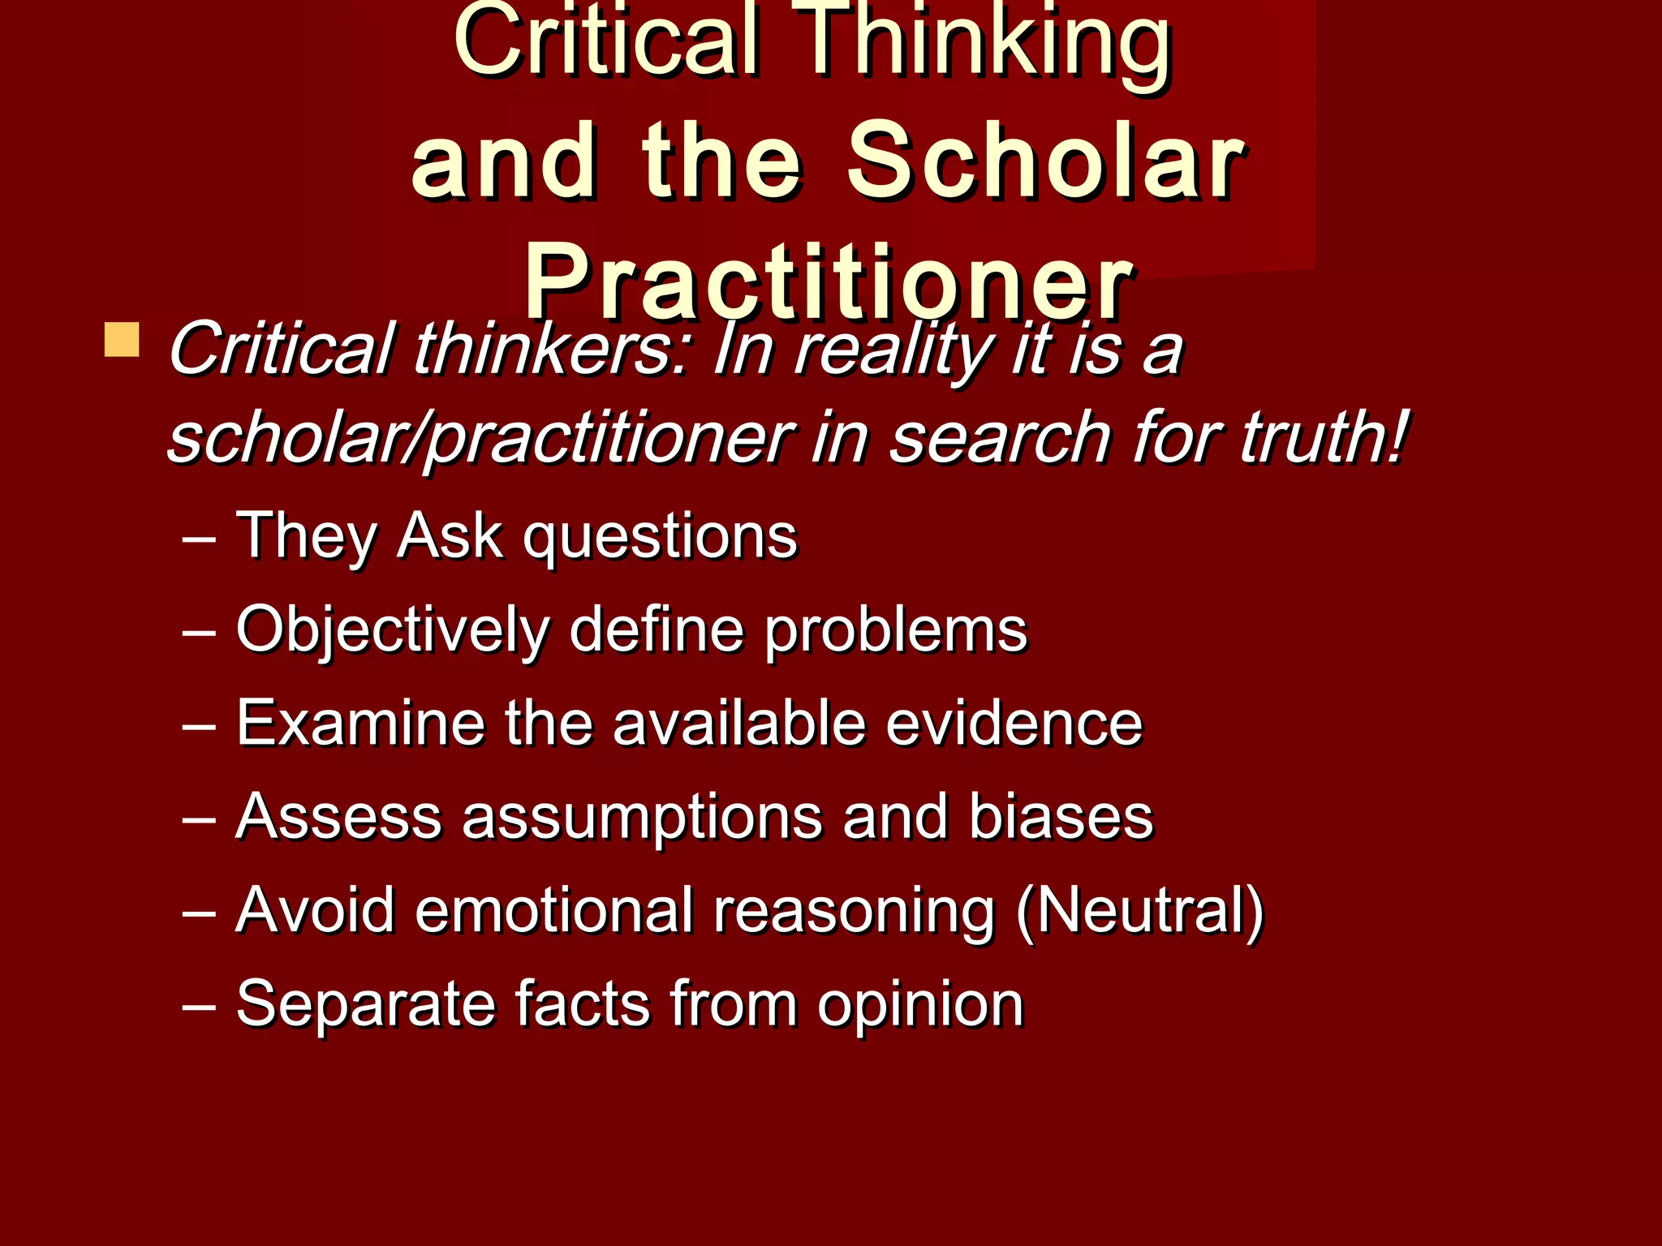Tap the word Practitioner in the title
pos(828,284)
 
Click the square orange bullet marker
pos(122,340)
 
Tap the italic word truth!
pos(1323,438)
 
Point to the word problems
pos(896,631)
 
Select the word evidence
pos(1014,723)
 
